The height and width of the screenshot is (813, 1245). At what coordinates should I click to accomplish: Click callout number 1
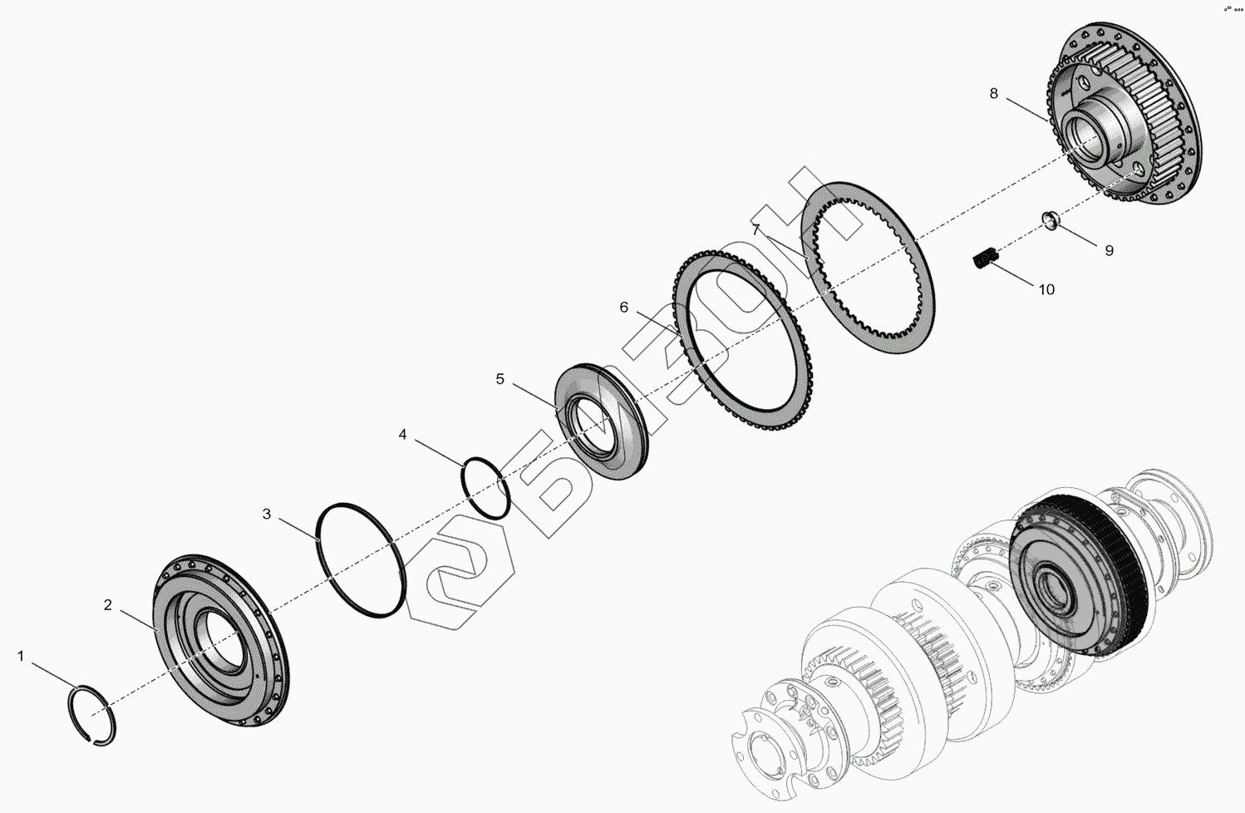coord(21,656)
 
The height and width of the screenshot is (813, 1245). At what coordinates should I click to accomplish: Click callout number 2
coord(108,605)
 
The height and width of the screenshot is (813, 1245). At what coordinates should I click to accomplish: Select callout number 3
coord(267,514)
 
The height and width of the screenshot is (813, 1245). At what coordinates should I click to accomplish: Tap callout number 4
coord(402,434)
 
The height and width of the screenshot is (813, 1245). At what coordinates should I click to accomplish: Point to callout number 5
coord(499,379)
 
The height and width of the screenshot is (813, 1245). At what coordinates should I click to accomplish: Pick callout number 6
coord(623,308)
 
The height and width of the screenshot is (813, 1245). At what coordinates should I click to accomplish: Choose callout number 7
coord(756,229)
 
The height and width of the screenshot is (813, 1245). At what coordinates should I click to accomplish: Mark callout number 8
coord(994,93)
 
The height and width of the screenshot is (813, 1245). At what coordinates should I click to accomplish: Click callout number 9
coord(1109,251)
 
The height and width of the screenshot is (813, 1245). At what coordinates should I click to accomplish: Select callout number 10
coord(1046,290)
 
